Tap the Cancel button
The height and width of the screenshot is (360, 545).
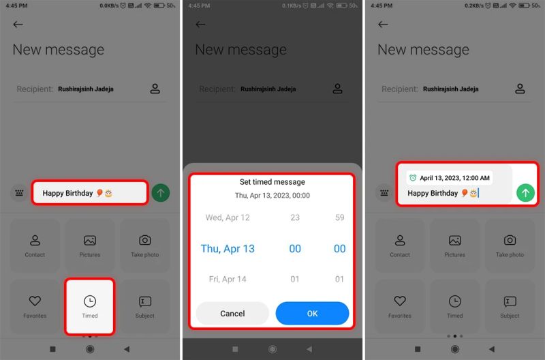(232, 313)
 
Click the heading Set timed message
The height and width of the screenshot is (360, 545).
(272, 182)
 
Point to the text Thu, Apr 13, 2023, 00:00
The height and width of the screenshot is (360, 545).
(272, 195)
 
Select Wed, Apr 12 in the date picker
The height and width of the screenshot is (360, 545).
(228, 217)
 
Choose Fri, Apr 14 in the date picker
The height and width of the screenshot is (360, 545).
(228, 279)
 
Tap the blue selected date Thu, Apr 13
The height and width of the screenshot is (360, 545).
(228, 249)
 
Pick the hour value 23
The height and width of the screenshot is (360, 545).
(295, 217)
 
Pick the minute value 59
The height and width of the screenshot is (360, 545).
(339, 217)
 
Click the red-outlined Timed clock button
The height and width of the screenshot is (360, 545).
(90, 306)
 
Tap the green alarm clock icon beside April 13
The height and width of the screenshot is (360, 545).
(412, 178)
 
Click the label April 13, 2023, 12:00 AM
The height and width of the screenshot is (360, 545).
(454, 178)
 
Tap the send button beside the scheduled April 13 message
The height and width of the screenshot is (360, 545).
(525, 193)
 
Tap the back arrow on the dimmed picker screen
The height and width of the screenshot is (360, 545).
(200, 25)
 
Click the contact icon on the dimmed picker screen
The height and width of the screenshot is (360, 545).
(338, 89)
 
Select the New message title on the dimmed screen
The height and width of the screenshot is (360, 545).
(240, 50)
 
